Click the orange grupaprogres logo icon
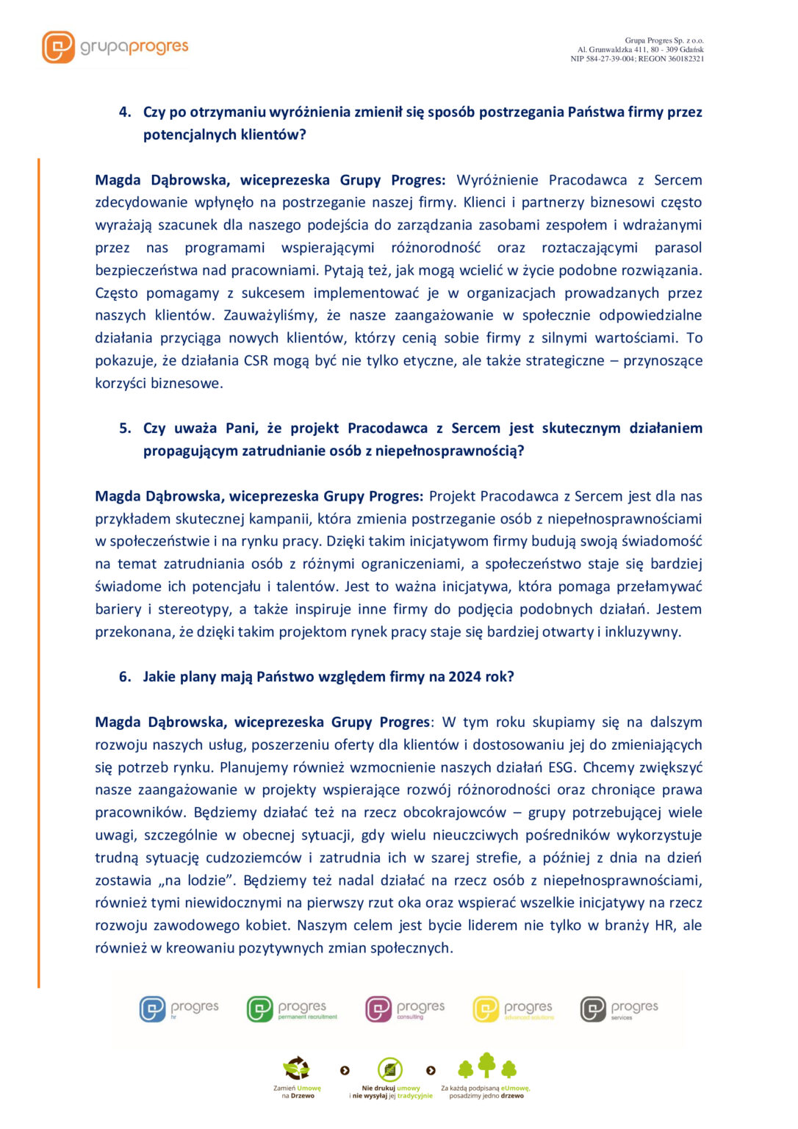[x=58, y=47]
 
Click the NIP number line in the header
[x=637, y=59]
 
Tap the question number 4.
[x=125, y=112]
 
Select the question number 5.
[x=125, y=429]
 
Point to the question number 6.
[x=125, y=677]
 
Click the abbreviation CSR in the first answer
[x=256, y=361]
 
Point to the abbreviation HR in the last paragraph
[x=664, y=925]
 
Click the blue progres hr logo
[x=179, y=1009]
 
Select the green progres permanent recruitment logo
[x=292, y=1009]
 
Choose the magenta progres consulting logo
[x=405, y=1009]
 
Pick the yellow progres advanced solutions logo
[x=513, y=1009]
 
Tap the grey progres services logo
[x=619, y=1009]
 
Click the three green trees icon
[x=487, y=1067]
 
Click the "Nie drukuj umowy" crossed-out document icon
[x=390, y=1069]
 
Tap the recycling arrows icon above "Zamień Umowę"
[x=297, y=1068]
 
